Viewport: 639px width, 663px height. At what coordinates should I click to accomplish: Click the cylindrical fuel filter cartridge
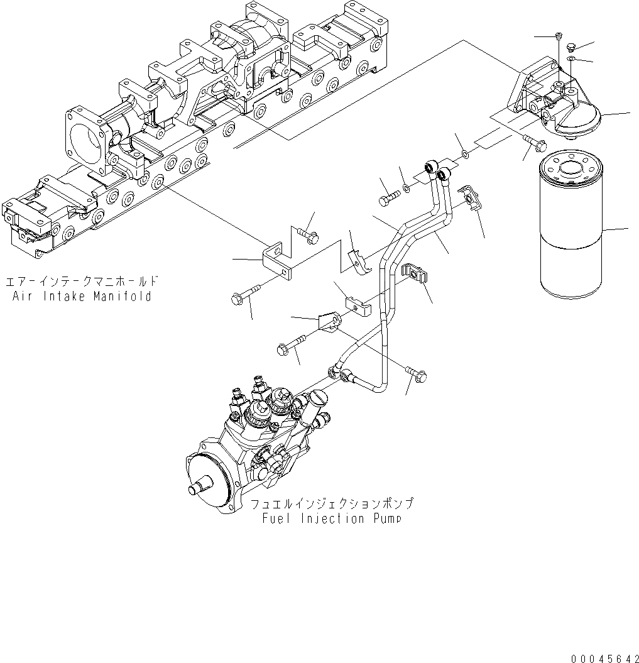(x=571, y=226)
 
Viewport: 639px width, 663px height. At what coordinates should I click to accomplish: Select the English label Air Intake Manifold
(x=82, y=297)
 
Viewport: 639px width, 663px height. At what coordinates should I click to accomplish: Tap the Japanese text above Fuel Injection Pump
(x=332, y=504)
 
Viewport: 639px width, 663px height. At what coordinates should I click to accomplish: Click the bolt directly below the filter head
(x=534, y=145)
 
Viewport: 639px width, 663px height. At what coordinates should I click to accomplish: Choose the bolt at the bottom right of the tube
(x=417, y=375)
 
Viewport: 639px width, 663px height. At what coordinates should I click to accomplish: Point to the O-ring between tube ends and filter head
(x=464, y=154)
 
